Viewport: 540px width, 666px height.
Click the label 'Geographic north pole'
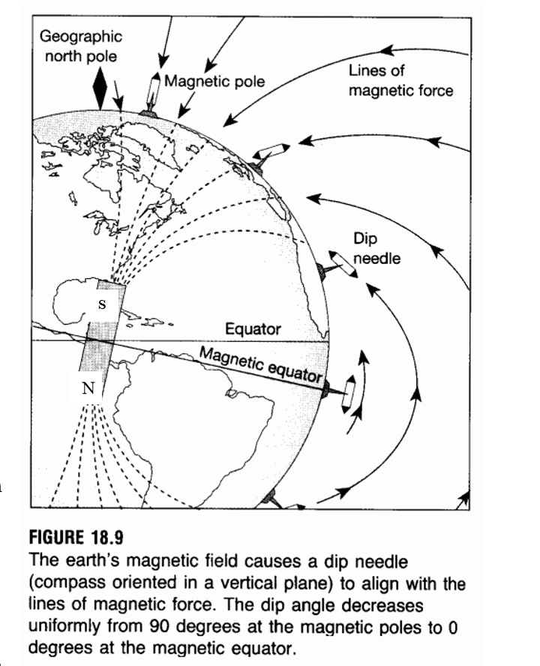[x=80, y=46]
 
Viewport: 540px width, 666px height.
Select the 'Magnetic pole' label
[x=215, y=80]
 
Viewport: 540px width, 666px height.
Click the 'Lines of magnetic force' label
[x=400, y=81]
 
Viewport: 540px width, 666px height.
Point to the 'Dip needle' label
[x=376, y=248]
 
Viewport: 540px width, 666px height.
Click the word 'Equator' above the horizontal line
[x=253, y=328]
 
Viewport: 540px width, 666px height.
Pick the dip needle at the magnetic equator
[x=346, y=391]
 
